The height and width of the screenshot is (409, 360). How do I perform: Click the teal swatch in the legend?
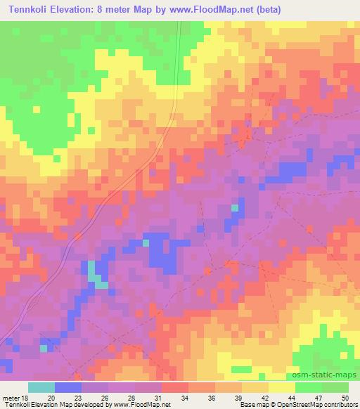click(x=41, y=387)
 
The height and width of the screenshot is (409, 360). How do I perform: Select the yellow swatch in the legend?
click(x=281, y=387)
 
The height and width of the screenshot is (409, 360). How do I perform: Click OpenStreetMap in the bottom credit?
click(x=289, y=405)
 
